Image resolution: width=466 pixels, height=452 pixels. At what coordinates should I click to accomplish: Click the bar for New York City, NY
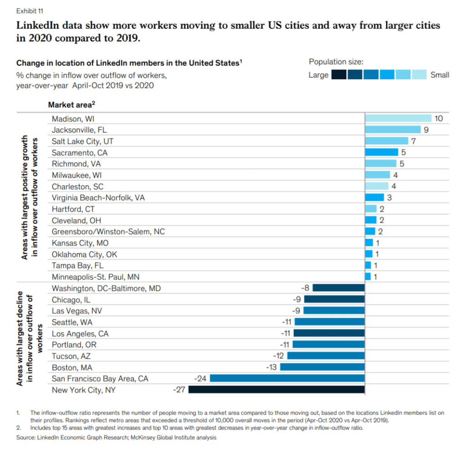[276, 390]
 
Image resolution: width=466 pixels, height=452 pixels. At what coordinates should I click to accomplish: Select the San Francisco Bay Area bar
[287, 378]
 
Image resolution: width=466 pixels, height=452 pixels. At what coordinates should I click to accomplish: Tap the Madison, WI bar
[398, 118]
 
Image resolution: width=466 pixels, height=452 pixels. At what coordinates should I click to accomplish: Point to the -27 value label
[179, 390]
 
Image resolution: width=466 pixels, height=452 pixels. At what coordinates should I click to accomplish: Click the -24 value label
[201, 378]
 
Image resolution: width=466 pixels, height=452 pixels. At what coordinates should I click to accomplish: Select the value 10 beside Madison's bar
[438, 118]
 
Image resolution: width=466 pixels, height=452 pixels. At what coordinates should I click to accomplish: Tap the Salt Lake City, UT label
[83, 141]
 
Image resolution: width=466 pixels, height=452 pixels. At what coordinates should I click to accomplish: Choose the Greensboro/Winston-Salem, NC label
[108, 232]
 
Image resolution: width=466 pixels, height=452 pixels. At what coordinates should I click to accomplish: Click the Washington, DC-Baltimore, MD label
[106, 288]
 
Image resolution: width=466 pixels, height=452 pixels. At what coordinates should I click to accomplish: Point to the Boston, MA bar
[322, 367]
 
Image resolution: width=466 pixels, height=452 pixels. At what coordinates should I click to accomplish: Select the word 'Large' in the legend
[318, 75]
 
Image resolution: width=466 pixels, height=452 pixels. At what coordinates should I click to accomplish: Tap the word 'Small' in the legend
[440, 75]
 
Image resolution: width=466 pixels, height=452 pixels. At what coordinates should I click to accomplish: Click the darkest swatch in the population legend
[339, 75]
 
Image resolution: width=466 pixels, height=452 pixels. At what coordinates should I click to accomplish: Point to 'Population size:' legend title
[336, 62]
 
